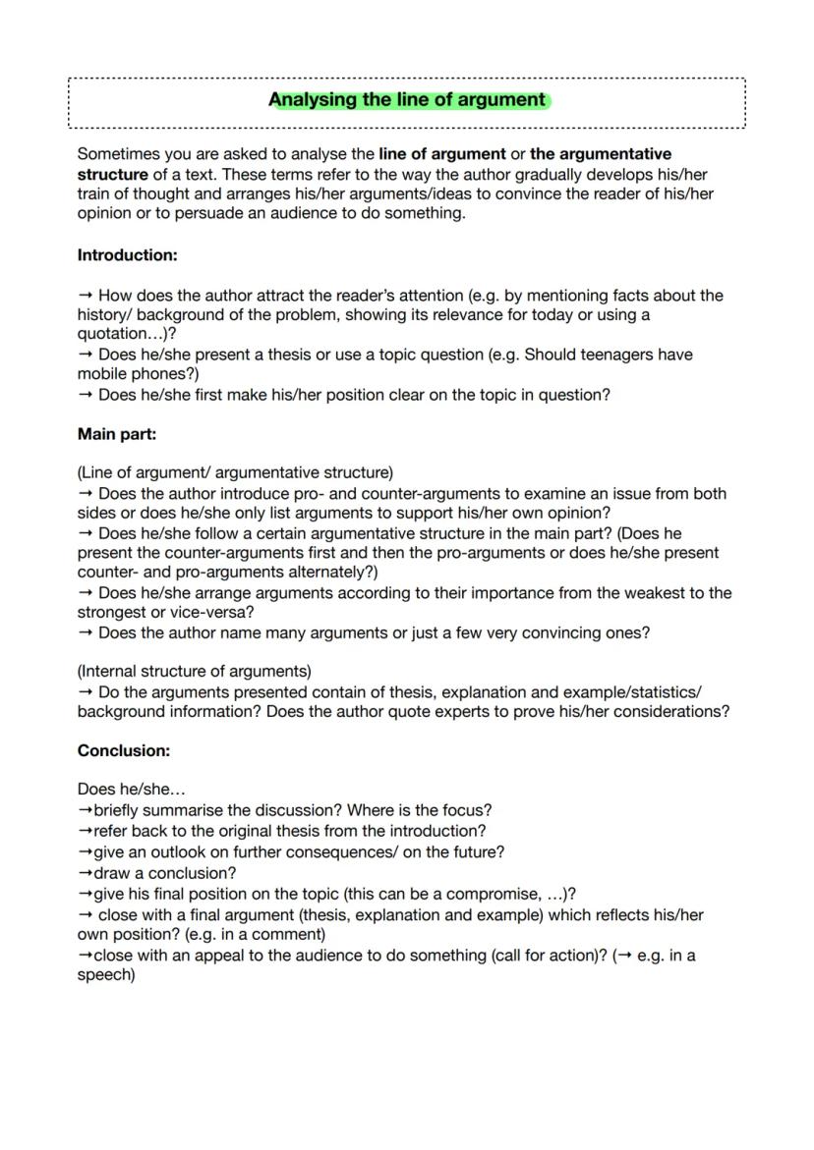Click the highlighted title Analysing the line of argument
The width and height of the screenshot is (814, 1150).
407,100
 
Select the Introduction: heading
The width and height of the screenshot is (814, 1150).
127,255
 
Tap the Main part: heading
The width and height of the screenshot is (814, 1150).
117,433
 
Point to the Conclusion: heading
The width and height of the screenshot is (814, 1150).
124,750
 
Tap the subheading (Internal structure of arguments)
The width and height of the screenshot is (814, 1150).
194,672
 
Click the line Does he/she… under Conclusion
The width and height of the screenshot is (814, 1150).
132,789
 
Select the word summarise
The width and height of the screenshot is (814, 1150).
179,810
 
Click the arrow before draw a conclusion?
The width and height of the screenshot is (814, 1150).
85,873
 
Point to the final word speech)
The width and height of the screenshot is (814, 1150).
106,975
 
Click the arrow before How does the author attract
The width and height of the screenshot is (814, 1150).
86,296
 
